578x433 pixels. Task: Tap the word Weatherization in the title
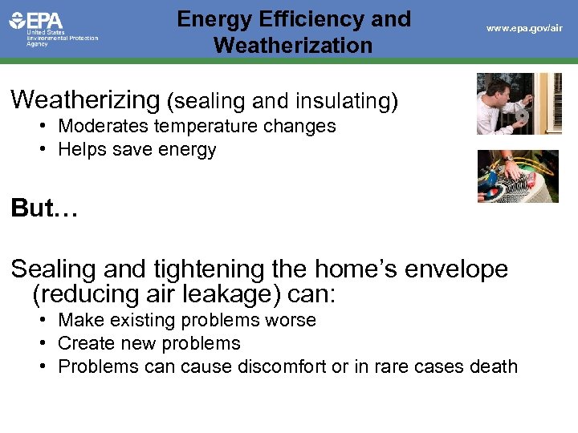pos(293,45)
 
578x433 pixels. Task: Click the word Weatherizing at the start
pos(86,100)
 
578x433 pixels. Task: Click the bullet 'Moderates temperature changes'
pos(197,126)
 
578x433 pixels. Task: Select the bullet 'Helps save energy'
pos(136,149)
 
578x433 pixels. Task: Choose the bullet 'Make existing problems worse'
pos(187,320)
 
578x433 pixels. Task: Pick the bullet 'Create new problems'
pos(149,343)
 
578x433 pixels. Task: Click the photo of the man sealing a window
pos(519,103)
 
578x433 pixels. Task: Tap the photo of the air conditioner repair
pos(517,176)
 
